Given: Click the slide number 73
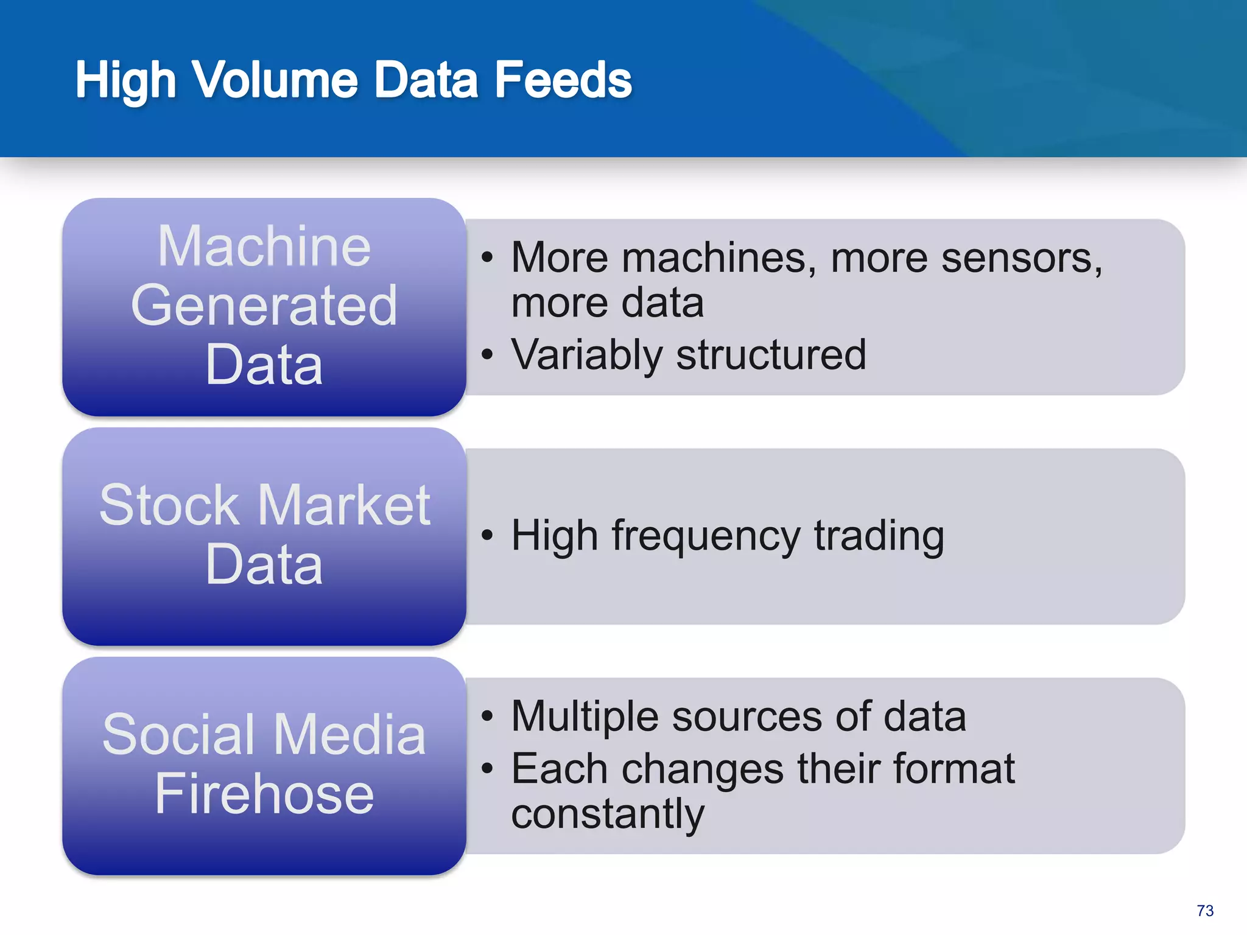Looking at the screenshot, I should [1205, 911].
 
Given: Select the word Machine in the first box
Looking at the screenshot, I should [264, 246].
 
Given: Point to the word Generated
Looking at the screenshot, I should [264, 306].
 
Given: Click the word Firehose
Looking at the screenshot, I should [264, 794].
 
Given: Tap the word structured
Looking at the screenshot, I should [771, 355].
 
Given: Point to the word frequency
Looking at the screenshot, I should [706, 536].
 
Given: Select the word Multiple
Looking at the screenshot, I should [585, 716].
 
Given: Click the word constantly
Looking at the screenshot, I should [607, 814].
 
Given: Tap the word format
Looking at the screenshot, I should [954, 768].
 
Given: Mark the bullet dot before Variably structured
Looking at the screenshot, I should [487, 354].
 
